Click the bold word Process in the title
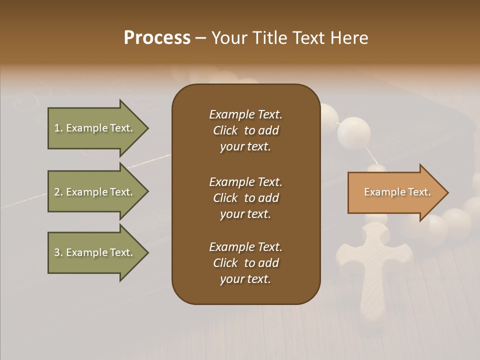(157, 38)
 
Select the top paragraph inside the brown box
(245, 130)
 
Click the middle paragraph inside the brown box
(245, 198)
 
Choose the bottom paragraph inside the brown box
(245, 263)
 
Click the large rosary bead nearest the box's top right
(354, 131)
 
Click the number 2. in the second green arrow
(58, 192)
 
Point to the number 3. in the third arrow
(58, 252)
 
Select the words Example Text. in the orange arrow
(397, 192)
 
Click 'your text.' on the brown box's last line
(245, 279)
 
